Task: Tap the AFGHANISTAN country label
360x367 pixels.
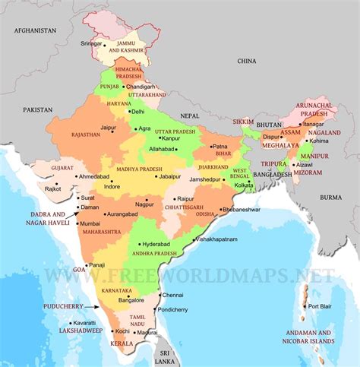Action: click(33, 30)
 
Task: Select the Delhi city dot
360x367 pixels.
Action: click(128, 111)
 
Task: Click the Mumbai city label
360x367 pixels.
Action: click(90, 223)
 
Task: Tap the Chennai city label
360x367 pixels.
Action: click(173, 295)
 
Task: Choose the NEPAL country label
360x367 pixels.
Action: click(190, 114)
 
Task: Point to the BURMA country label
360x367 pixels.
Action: click(331, 198)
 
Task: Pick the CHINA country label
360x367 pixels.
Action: click(247, 60)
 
